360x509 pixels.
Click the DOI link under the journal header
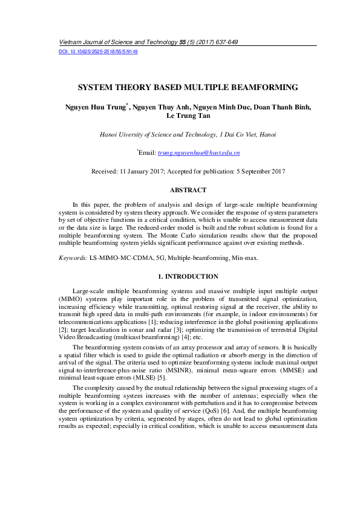tap(98, 52)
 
